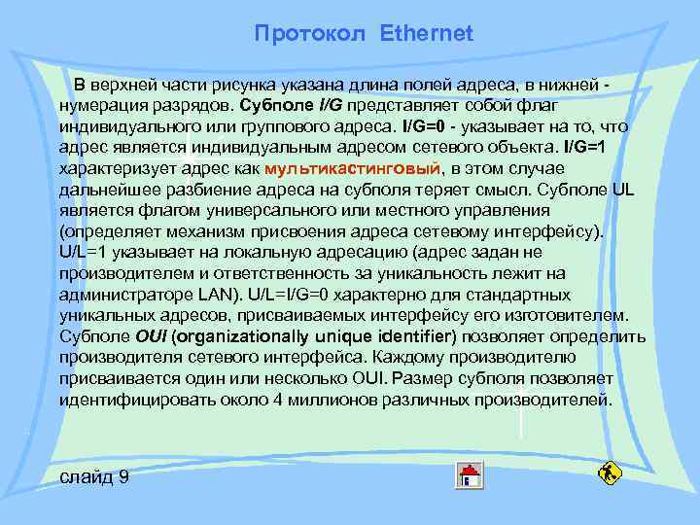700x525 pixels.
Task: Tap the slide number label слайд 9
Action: tap(94, 477)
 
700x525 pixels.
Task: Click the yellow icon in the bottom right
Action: tap(611, 473)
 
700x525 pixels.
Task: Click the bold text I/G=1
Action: tap(584, 147)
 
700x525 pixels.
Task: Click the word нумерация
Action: tap(101, 104)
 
